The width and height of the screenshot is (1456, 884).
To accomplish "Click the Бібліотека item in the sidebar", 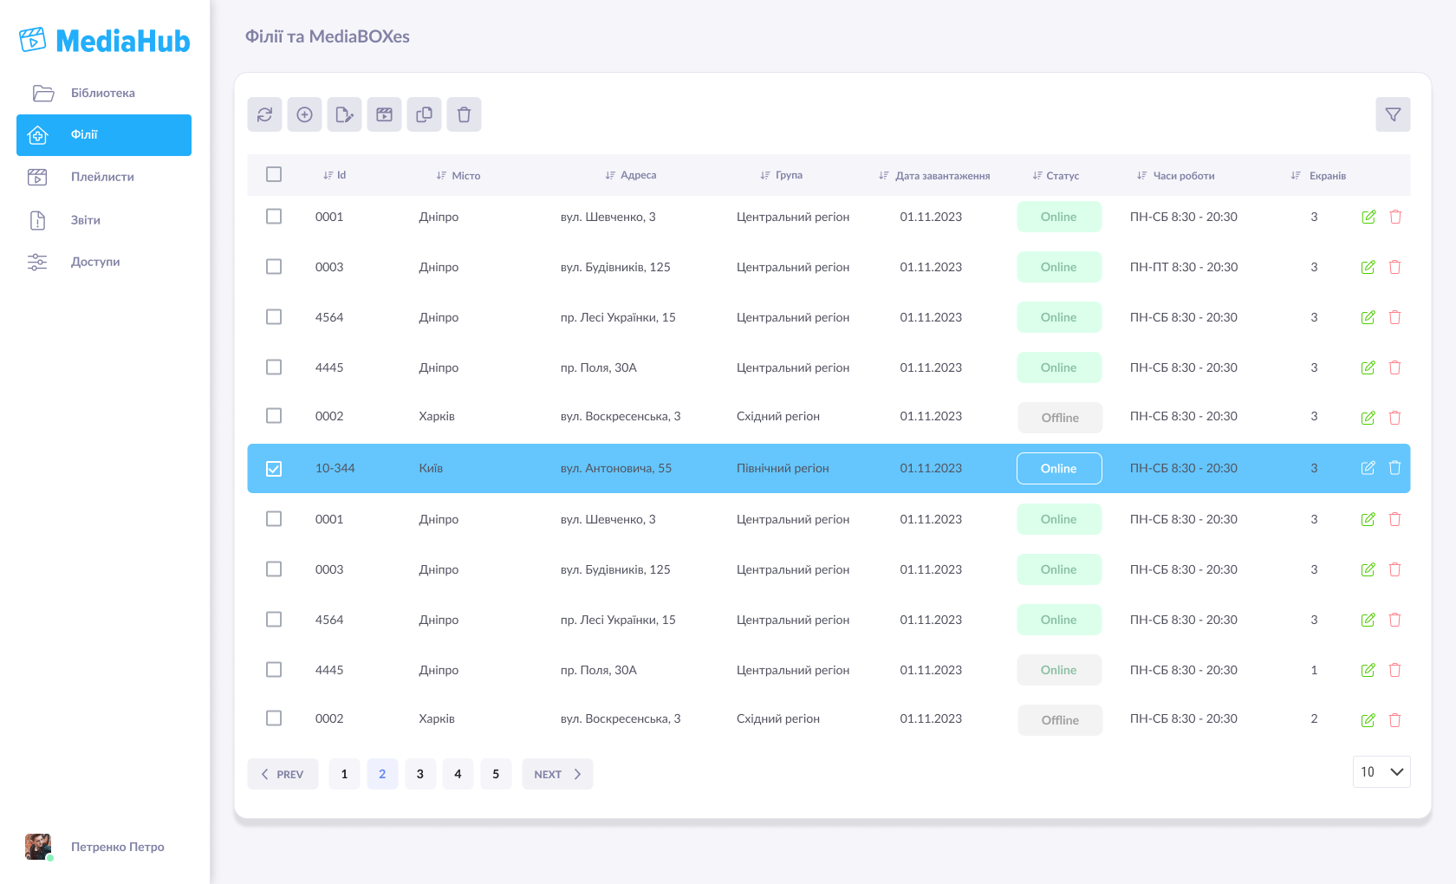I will click(x=102, y=94).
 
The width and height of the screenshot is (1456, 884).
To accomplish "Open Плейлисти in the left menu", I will click(x=102, y=177).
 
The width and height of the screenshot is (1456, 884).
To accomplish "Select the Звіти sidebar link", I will click(x=85, y=220).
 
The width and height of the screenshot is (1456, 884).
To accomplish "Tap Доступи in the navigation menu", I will click(x=95, y=262).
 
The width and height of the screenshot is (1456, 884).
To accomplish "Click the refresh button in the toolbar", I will click(x=264, y=114).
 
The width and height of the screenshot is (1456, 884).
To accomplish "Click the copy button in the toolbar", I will click(x=424, y=114).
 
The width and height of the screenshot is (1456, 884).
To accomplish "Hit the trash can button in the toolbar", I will click(x=464, y=114).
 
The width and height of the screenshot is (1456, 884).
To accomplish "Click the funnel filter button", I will click(x=1393, y=114).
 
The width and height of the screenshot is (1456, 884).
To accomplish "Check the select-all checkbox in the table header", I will click(x=274, y=174).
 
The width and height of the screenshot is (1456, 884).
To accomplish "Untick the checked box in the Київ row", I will click(x=274, y=469).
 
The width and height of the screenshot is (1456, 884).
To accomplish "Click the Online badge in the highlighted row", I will click(x=1059, y=469).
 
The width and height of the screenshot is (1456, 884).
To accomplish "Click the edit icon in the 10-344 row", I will click(x=1368, y=468).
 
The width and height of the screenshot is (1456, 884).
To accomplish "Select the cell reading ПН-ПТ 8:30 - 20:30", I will click(x=1184, y=267).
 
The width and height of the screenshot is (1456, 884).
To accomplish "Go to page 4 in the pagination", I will click(x=458, y=774).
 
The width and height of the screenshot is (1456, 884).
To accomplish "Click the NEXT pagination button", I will click(x=557, y=774).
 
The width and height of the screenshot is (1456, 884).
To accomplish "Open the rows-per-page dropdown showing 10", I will click(x=1381, y=772).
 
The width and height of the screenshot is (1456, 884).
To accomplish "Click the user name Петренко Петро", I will click(x=118, y=847).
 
